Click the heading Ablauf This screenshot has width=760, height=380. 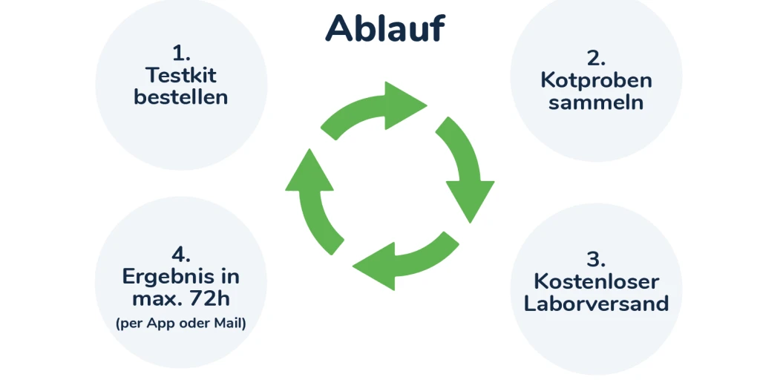click(385, 28)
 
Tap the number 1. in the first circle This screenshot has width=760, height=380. click(181, 53)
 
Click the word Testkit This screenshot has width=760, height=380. click(181, 75)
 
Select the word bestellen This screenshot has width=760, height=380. click(181, 96)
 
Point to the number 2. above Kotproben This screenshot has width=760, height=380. click(596, 58)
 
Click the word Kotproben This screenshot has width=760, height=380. click(596, 80)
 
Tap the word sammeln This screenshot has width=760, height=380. click(596, 102)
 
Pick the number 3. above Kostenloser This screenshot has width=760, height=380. click(596, 259)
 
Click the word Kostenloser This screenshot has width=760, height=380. click(596, 281)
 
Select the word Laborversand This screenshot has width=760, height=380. click(596, 303)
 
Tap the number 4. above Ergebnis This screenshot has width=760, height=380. click(181, 254)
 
